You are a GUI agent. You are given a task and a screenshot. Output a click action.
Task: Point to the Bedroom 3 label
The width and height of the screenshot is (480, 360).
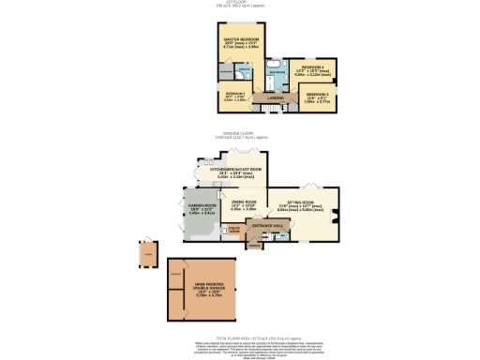click(234, 95)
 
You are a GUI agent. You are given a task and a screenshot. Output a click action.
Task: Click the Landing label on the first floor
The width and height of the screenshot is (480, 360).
click(276, 98)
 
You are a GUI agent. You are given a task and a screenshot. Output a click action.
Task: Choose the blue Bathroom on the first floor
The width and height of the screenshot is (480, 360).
click(277, 72)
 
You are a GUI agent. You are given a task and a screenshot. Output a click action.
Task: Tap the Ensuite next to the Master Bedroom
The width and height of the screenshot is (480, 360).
click(244, 69)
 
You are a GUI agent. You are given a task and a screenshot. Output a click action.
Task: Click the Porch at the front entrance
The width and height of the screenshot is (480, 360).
click(254, 246)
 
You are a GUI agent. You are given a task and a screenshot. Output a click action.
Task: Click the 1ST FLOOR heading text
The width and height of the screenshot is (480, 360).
click(240, 5)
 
